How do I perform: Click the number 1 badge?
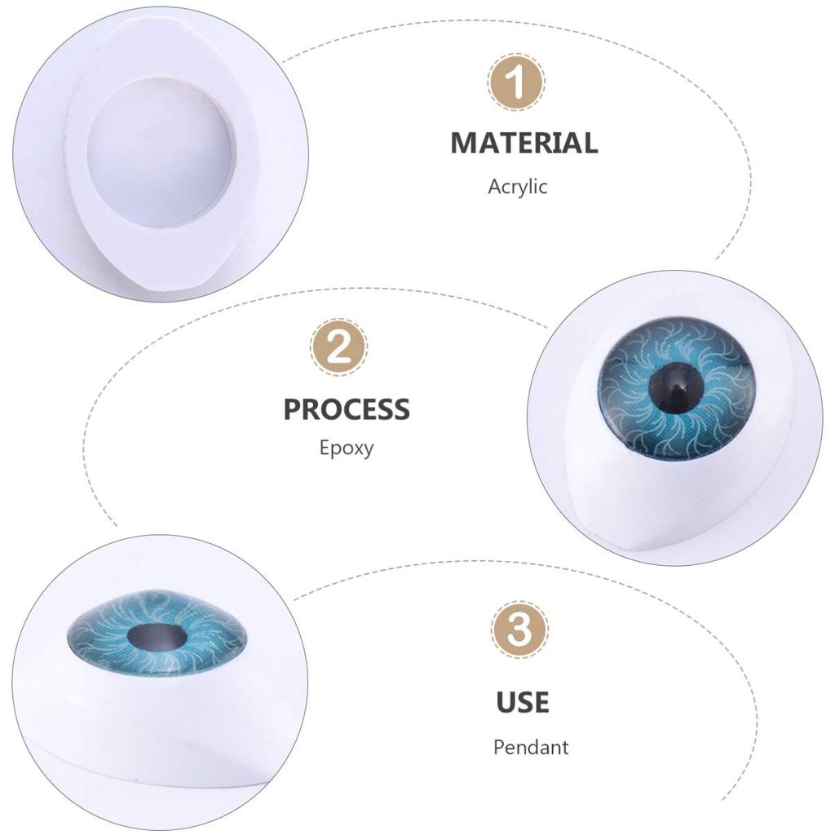pyautogui.click(x=517, y=82)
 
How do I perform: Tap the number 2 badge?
pyautogui.click(x=338, y=347)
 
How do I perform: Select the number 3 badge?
pyautogui.click(x=519, y=630)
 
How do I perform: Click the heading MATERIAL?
pyautogui.click(x=524, y=143)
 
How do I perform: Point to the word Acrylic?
pyautogui.click(x=518, y=187)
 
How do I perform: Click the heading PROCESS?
pyautogui.click(x=347, y=409)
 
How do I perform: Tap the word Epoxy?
pyautogui.click(x=347, y=448)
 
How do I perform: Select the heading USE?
pyautogui.click(x=523, y=702)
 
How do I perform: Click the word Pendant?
pyautogui.click(x=531, y=747)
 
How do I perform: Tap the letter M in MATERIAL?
pyautogui.click(x=464, y=143)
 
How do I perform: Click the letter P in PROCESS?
pyautogui.click(x=293, y=409)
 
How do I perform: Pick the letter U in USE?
pyautogui.click(x=506, y=702)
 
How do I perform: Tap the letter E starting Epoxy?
pyautogui.click(x=325, y=447)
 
